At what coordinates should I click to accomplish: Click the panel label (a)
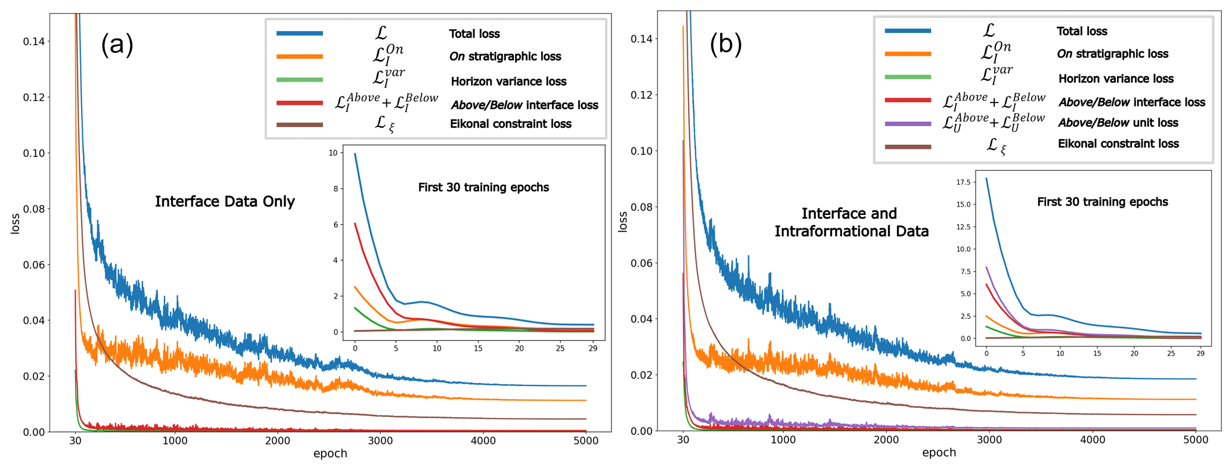[x=117, y=45]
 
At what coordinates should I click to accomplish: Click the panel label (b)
[x=725, y=44]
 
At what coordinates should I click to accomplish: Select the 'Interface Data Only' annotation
[x=225, y=201]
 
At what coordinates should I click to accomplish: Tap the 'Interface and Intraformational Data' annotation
[x=851, y=222]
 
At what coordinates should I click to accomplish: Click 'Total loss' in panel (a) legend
[x=474, y=34]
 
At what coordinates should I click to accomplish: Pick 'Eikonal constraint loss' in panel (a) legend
[x=510, y=124]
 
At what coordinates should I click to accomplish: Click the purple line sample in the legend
[x=908, y=123]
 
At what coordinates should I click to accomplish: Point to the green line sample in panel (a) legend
[x=300, y=79]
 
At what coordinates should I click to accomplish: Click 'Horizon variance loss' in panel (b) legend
[x=1116, y=79]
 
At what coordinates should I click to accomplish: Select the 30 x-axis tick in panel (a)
[x=75, y=441]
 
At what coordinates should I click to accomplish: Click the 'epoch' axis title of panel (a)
[x=330, y=454]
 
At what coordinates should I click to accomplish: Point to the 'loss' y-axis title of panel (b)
[x=623, y=222]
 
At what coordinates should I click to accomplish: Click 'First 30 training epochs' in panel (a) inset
[x=483, y=188]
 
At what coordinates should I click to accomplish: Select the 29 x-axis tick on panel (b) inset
[x=1200, y=353]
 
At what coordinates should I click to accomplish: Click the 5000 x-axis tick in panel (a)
[x=585, y=441]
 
